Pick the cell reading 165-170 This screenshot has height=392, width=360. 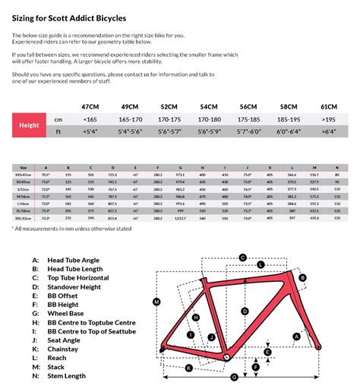pyautogui.click(x=131, y=119)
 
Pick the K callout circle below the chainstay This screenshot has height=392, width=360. pyautogui.click(x=187, y=368)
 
